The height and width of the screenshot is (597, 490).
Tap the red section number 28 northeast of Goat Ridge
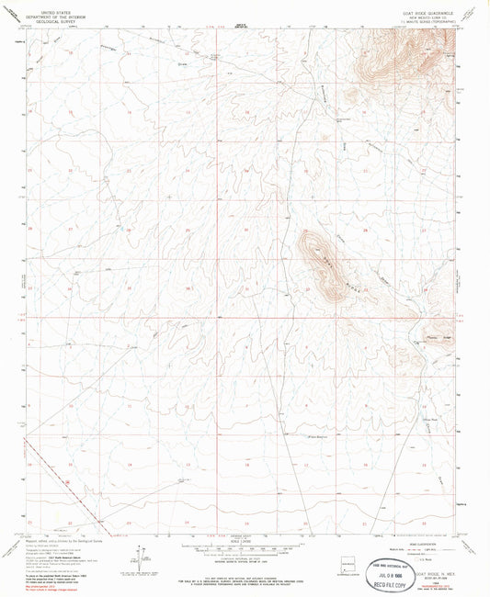[x=365, y=231]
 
